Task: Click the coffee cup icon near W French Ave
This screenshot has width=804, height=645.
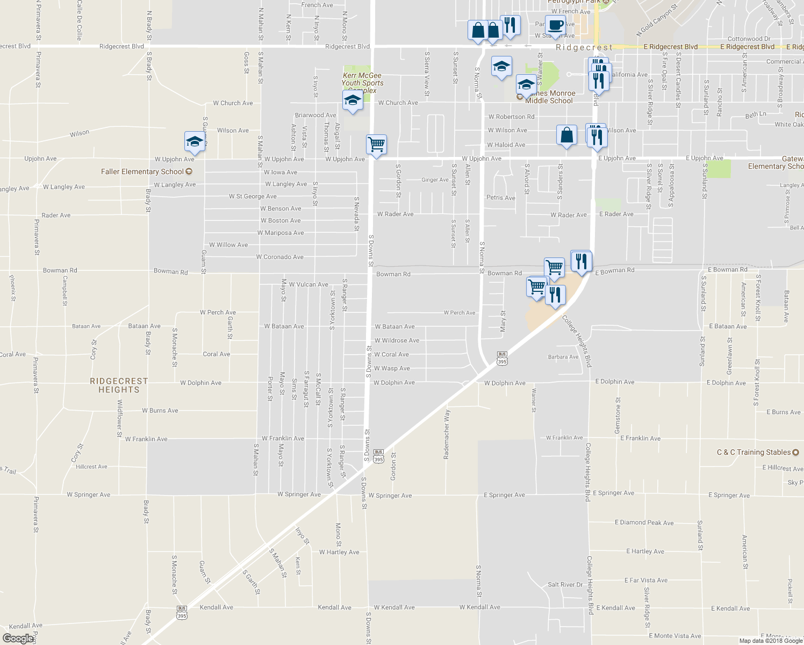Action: (x=556, y=24)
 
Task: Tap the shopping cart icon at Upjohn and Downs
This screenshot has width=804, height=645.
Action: (x=376, y=144)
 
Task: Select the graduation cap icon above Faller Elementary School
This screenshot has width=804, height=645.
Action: (x=194, y=141)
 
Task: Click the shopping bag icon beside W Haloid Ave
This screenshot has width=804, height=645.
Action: (x=566, y=135)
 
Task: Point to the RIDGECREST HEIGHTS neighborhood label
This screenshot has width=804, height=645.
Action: (x=119, y=385)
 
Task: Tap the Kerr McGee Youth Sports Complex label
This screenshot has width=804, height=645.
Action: (x=363, y=83)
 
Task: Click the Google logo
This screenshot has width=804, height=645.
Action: (x=18, y=638)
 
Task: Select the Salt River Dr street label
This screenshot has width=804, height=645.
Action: (x=565, y=584)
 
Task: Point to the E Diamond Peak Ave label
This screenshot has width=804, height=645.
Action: (x=644, y=522)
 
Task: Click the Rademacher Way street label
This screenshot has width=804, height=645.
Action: (x=447, y=434)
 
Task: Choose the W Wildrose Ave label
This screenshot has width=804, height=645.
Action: (x=397, y=340)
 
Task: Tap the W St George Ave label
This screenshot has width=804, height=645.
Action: (x=253, y=196)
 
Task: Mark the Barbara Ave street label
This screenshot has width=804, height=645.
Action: (x=563, y=357)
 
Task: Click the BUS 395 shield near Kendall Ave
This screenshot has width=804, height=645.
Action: (x=182, y=613)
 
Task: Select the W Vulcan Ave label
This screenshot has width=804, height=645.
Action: (x=308, y=284)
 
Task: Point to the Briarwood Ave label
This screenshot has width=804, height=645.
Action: (x=315, y=115)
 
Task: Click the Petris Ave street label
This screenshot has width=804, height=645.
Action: (x=500, y=198)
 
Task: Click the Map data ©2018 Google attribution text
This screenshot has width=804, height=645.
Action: (x=770, y=640)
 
